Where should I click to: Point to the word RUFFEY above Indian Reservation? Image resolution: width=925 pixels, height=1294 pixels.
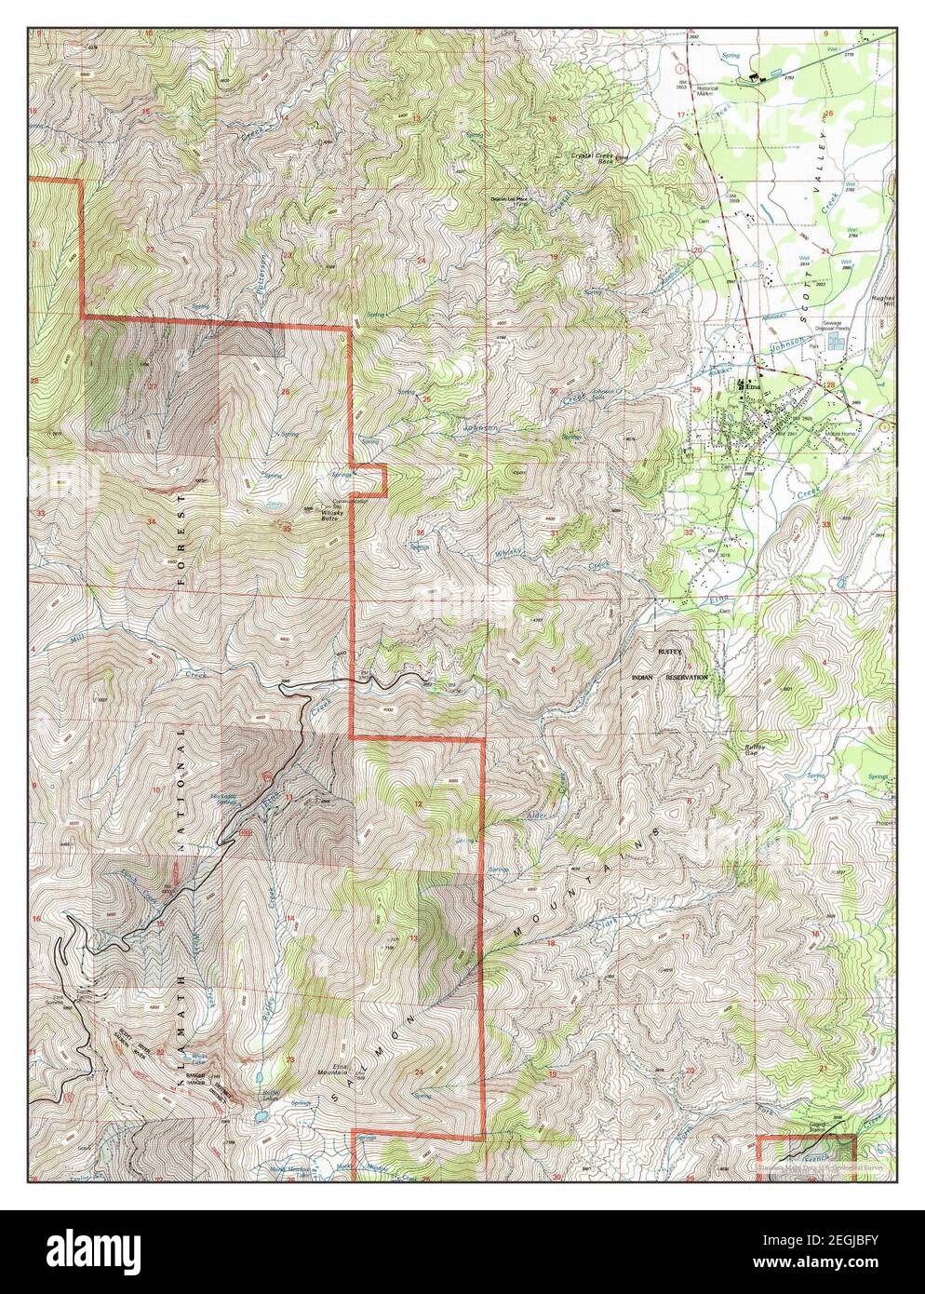pyautogui.click(x=671, y=654)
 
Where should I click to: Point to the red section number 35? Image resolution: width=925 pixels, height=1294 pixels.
pyautogui.click(x=287, y=529)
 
